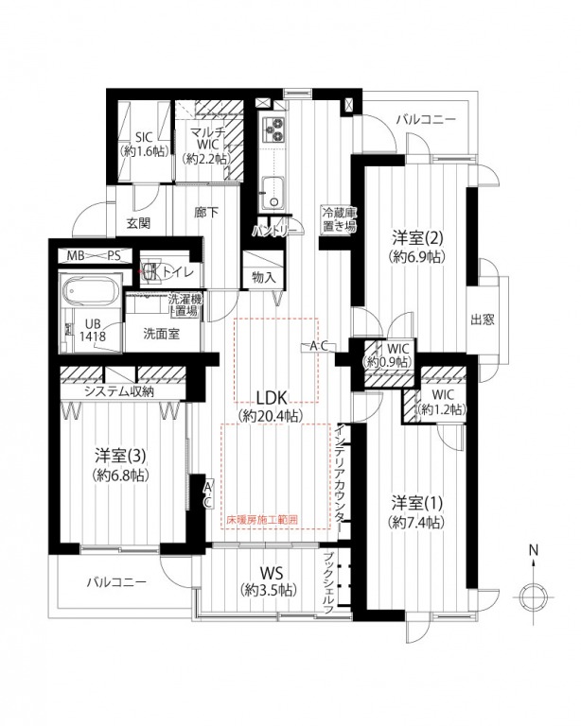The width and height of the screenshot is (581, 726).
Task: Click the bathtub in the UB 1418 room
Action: point(91,291)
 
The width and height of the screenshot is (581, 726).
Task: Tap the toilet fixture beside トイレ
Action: point(150,272)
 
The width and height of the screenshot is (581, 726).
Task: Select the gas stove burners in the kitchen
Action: point(273,130)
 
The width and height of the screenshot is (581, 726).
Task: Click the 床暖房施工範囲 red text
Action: point(262,520)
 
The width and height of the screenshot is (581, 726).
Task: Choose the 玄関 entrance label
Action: point(138,223)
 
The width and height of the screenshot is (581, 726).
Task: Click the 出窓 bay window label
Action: point(483,320)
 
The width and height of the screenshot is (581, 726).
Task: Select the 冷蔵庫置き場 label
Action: point(339,220)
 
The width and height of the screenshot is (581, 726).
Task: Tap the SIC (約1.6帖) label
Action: point(144,144)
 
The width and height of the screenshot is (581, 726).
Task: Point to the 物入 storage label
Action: point(264,278)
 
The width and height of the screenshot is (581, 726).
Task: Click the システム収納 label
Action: point(119,391)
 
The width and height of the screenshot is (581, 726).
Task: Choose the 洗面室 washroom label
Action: point(161,334)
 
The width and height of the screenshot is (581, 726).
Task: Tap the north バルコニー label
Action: point(426,119)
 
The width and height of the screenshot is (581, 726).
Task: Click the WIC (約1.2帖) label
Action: point(442,402)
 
